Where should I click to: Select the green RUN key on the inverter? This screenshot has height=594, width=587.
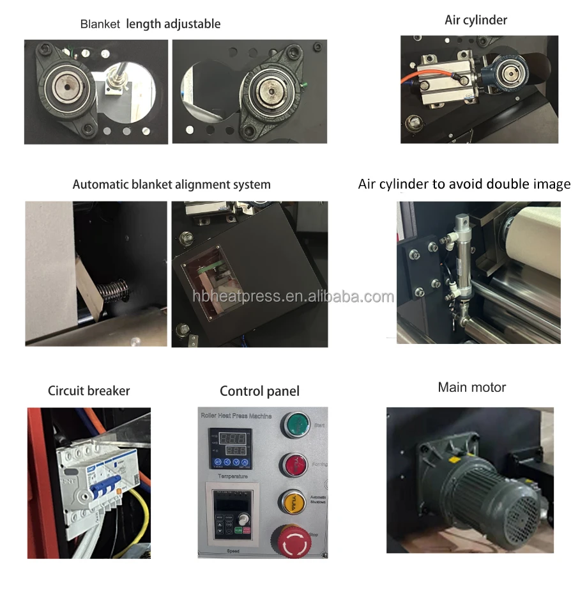click(x=238, y=529)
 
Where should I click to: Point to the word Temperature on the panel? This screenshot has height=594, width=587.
click(x=232, y=476)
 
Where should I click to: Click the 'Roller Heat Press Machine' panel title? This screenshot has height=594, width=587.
click(x=236, y=416)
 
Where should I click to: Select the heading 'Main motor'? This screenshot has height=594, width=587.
click(x=471, y=387)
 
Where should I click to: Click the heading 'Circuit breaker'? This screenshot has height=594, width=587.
click(x=89, y=391)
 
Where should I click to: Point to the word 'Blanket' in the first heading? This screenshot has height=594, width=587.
click(x=100, y=24)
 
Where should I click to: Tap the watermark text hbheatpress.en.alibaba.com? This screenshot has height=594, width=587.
click(x=293, y=297)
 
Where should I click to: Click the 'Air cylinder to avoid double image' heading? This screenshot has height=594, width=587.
click(x=464, y=184)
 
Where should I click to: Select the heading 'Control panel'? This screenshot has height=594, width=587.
click(x=259, y=391)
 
